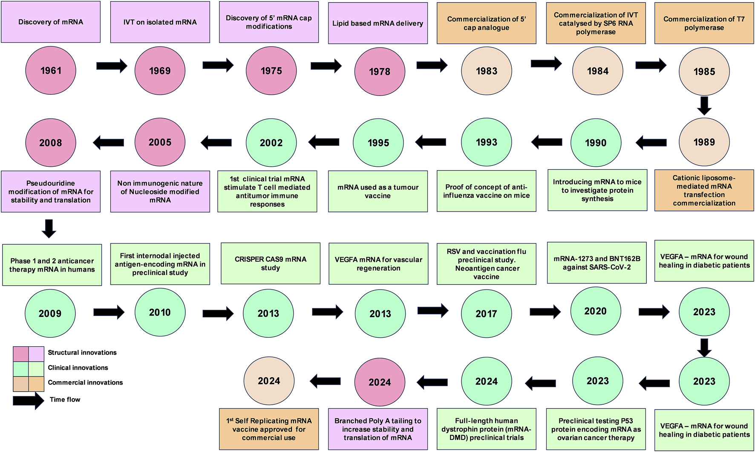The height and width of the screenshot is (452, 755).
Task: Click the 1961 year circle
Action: pos(51,71)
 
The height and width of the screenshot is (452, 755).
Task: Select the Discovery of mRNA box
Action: pos(51,22)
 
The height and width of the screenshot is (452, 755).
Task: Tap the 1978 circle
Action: pos(380,72)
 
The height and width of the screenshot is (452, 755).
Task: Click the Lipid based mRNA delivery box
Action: pos(377,23)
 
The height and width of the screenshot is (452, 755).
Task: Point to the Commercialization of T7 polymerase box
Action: pos(704,23)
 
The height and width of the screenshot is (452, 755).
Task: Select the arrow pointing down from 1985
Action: pos(704,106)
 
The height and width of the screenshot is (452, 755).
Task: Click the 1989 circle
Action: pos(704,142)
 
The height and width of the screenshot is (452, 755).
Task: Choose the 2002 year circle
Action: pos(271,143)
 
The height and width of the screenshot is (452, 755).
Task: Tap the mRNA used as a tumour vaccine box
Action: pos(377,191)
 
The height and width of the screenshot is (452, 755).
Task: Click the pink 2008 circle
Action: pos(51,143)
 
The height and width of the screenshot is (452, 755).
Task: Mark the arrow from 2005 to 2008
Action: pos(108,142)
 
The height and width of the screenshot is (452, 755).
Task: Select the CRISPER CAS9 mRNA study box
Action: pos(271,264)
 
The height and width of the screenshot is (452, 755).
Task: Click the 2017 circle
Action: pos(486,314)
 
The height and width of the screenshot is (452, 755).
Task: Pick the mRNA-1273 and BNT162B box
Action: pos(597,263)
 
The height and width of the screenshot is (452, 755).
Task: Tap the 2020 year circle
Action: pos(595,311)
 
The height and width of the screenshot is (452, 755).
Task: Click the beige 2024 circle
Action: pos(269,381)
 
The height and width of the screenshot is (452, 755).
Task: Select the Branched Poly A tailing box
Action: pos(377,429)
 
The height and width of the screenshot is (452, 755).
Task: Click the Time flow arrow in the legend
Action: pos(28,400)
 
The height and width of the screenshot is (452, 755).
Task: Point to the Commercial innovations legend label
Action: pos(85,382)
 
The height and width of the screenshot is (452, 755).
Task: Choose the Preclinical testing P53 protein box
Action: pos(596,429)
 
